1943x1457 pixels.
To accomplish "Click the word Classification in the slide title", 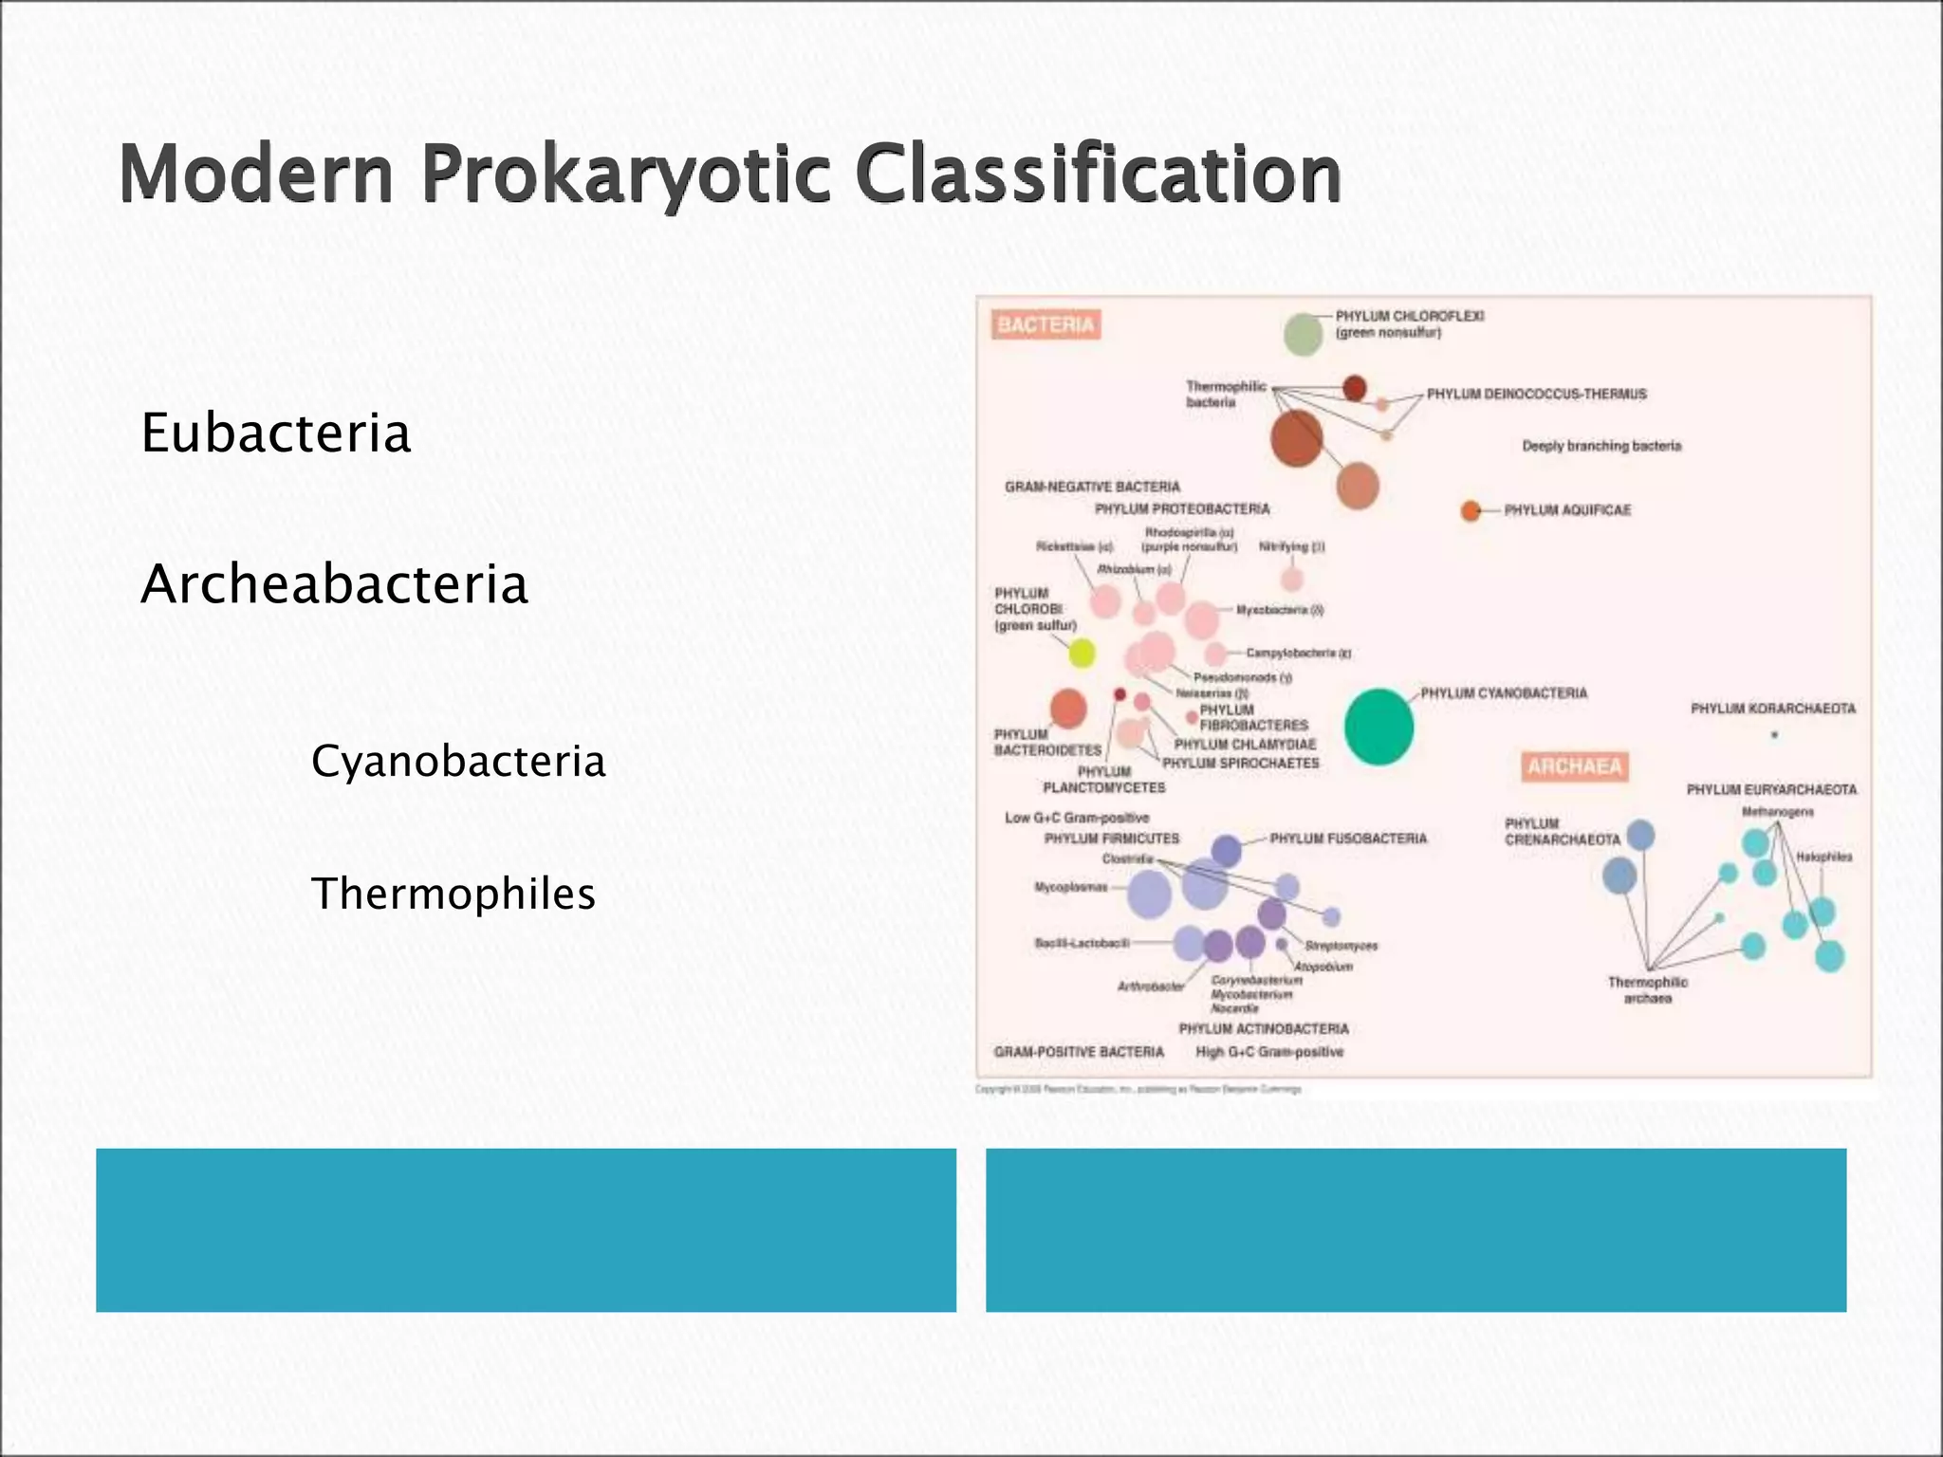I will pyautogui.click(x=1098, y=174).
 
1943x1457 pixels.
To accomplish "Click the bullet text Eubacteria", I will pyautogui.click(x=275, y=433).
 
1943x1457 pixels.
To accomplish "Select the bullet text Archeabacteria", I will pyautogui.click(x=334, y=584).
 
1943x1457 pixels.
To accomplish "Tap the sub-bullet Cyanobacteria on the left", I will pyautogui.click(x=458, y=761).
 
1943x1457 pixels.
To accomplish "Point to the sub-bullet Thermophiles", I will pyautogui.click(x=453, y=894).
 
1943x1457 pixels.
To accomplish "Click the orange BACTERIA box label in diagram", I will pyautogui.click(x=1046, y=325).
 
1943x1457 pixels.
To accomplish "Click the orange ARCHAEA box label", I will pyautogui.click(x=1575, y=766).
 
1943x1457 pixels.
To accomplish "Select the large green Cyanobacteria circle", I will pyautogui.click(x=1379, y=727).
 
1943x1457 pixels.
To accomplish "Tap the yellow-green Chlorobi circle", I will pyautogui.click(x=1082, y=653).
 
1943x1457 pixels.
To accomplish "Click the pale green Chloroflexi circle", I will pyautogui.click(x=1303, y=334).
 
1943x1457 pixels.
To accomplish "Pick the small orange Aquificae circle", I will pyautogui.click(x=1471, y=511).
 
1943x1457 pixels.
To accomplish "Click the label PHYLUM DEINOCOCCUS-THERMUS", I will pyautogui.click(x=1536, y=394).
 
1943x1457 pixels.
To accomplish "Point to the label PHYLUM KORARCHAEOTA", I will pyautogui.click(x=1772, y=709).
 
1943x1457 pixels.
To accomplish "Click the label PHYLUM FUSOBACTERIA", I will pyautogui.click(x=1347, y=839).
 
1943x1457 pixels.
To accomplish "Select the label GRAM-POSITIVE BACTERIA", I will pyautogui.click(x=1078, y=1052).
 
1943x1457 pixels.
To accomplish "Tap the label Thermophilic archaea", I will pyautogui.click(x=1647, y=989).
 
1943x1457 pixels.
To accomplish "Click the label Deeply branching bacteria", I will pyautogui.click(x=1601, y=446).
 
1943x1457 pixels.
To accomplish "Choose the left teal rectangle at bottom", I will pyautogui.click(x=526, y=1229).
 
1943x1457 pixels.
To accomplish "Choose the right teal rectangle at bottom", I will pyautogui.click(x=1416, y=1229).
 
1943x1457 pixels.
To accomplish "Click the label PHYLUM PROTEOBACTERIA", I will pyautogui.click(x=1181, y=509).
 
